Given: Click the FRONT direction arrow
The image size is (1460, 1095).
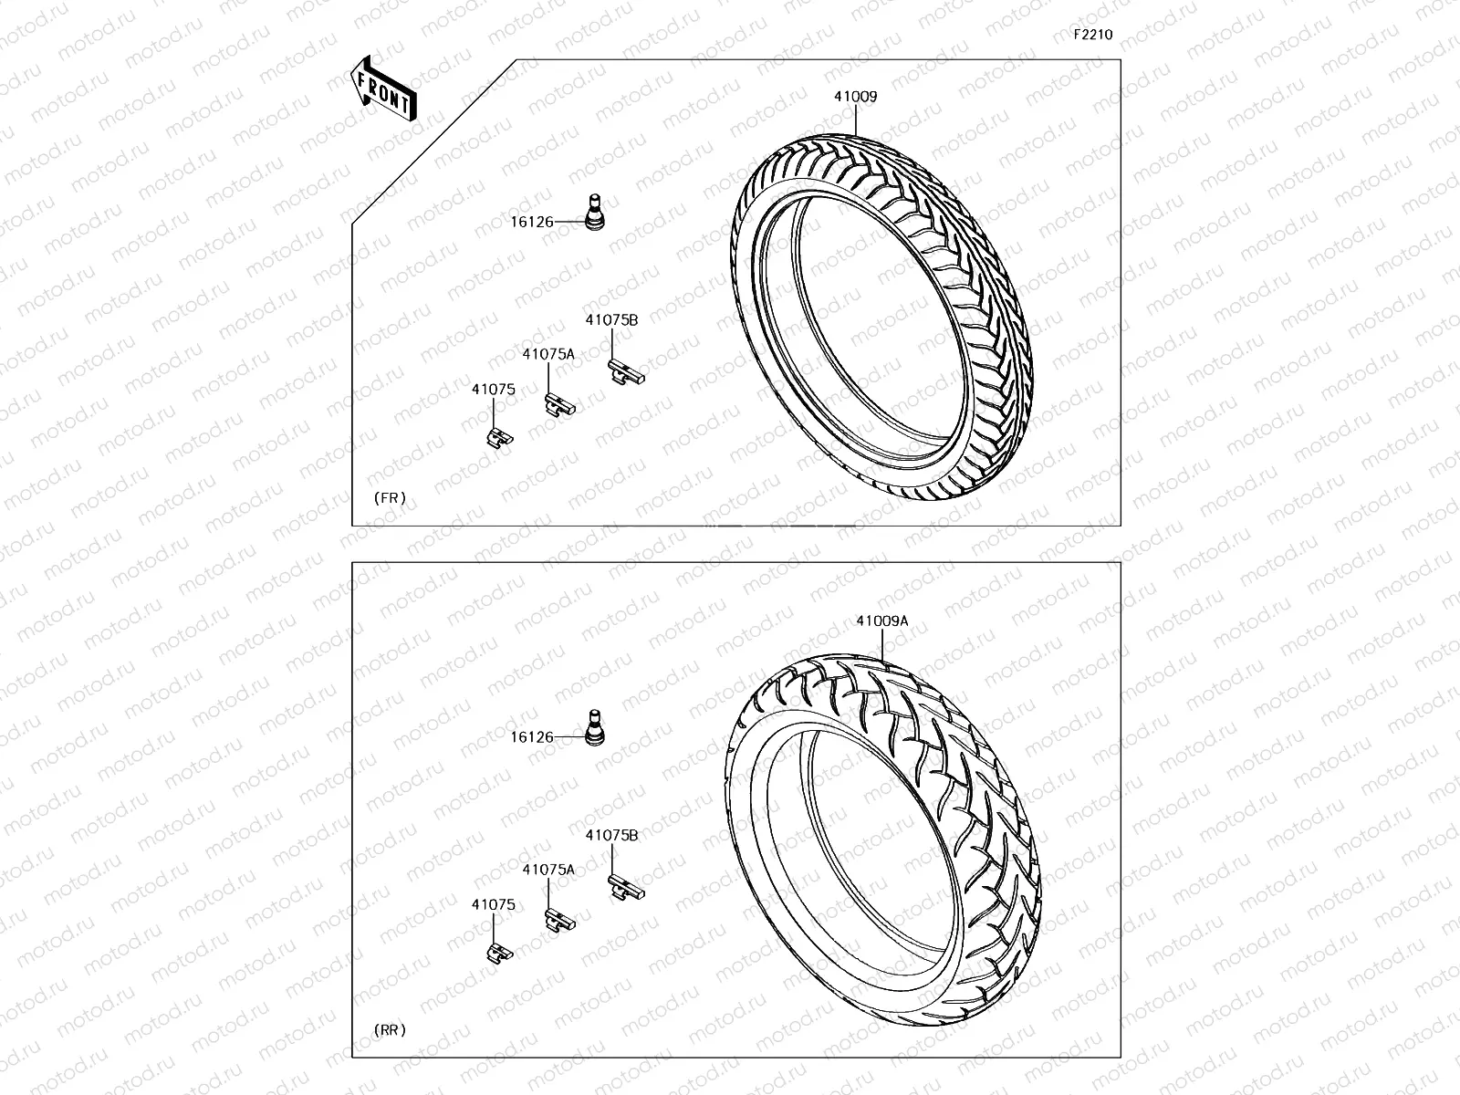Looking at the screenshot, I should point(383,89).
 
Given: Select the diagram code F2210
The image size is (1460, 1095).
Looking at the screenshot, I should point(1092,35).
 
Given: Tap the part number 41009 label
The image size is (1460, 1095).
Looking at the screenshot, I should point(855,97).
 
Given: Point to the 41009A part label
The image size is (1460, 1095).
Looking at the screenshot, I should point(881,621).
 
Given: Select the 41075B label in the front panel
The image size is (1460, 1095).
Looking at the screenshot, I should point(611,320).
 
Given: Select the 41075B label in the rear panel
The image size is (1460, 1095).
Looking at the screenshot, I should point(611,835).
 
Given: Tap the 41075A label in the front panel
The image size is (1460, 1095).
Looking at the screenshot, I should point(548,354).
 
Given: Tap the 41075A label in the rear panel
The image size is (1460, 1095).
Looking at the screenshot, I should point(548,870).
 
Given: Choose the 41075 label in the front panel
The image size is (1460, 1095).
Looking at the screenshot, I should point(493,390).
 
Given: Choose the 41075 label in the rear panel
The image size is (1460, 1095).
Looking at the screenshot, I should point(493,905).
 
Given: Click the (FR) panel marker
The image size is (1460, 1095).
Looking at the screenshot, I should point(390,498).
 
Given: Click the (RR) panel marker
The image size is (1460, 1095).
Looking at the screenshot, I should point(390,1030).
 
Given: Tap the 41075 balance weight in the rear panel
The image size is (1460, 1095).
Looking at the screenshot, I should point(498,953).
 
